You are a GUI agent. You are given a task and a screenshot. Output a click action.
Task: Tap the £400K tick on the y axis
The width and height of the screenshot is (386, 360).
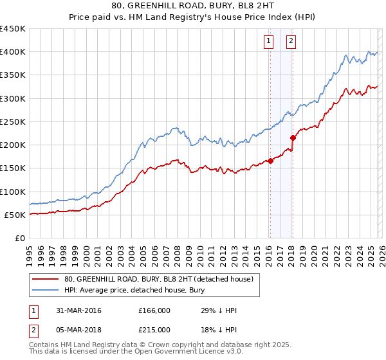click(x=13, y=52)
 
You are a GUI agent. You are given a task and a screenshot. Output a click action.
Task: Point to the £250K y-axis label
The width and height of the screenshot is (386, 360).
click(x=13, y=122)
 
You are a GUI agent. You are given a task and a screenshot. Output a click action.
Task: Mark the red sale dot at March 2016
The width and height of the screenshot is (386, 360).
click(x=270, y=161)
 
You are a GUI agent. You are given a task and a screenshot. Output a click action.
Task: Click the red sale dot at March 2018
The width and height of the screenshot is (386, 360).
click(x=292, y=138)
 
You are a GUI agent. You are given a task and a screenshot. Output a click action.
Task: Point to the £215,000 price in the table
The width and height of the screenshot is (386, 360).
click(x=154, y=329)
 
